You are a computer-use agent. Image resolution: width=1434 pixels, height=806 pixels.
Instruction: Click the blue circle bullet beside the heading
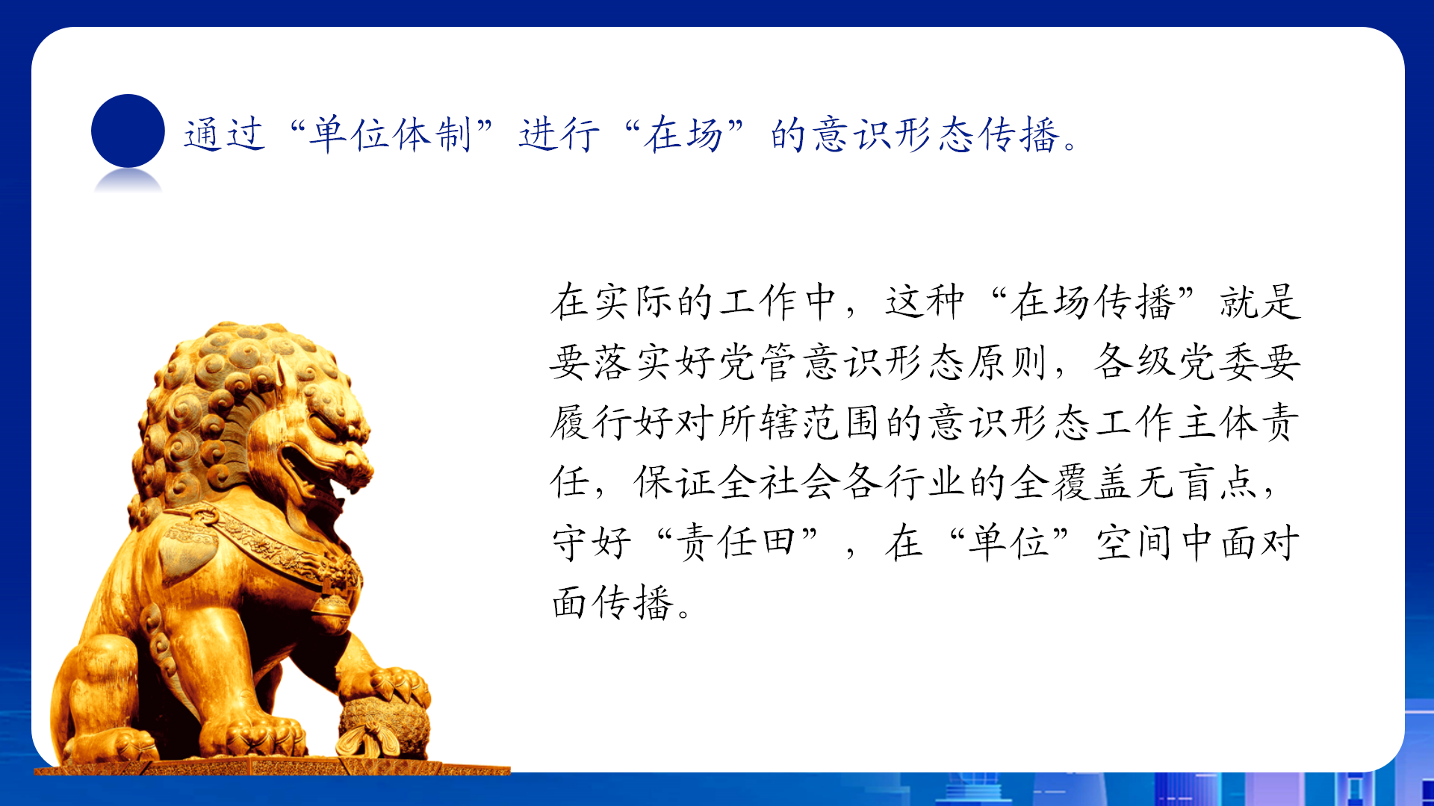tap(128, 131)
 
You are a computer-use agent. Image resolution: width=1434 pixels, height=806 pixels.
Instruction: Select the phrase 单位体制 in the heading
tap(390, 135)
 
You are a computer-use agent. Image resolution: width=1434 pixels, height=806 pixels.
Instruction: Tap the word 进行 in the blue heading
tap(559, 135)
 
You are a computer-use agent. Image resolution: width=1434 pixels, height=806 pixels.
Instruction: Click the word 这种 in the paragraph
tap(925, 302)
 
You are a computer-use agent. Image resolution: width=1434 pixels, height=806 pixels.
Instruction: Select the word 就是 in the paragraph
tap(1261, 302)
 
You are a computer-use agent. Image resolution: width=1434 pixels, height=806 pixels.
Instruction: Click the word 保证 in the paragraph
tap(675, 482)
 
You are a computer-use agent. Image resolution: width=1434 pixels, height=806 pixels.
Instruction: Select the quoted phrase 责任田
tap(736, 542)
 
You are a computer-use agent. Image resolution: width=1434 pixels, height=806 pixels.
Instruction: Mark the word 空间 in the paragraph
tap(1135, 542)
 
